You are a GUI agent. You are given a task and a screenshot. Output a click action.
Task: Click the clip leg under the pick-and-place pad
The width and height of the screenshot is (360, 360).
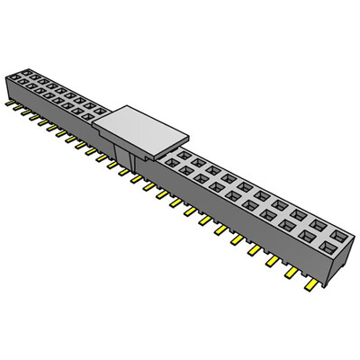pyautogui.click(x=131, y=161)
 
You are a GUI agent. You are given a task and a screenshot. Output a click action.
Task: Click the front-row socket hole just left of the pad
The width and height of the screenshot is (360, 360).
pyautogui.click(x=91, y=114)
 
